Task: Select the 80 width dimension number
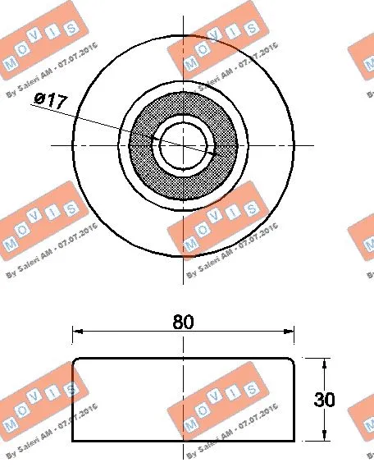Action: tap(184, 323)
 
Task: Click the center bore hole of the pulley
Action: tap(183, 144)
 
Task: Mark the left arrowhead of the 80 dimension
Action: tap(78, 332)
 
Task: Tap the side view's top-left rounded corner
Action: tap(75, 361)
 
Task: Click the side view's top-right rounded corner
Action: tap(292, 361)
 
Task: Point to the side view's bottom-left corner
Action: tap(73, 442)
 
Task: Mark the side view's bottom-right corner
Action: tap(294, 442)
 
